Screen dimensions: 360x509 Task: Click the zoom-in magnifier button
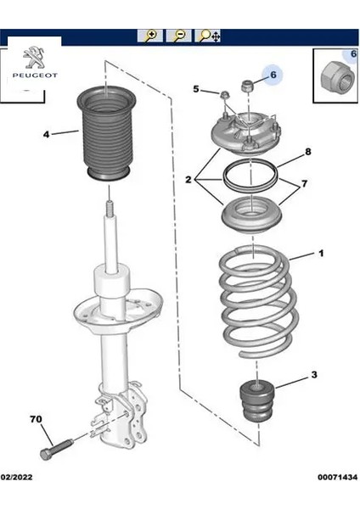tap(149, 36)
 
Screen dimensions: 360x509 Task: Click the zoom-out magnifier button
tap(178, 36)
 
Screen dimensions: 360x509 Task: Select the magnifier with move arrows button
tap(208, 36)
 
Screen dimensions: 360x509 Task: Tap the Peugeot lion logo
tap(35, 58)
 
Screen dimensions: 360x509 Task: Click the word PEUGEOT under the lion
tap(35, 76)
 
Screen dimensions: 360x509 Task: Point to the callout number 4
tap(46, 134)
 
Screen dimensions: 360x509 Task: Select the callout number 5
tap(195, 88)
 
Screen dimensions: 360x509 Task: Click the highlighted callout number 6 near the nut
tap(273, 75)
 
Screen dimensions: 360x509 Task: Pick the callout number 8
tap(307, 152)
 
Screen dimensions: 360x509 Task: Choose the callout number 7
tap(304, 184)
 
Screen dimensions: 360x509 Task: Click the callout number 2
tap(188, 179)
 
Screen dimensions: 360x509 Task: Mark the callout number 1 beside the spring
tap(321, 253)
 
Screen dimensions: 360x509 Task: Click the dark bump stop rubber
tap(257, 401)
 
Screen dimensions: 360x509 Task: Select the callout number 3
tap(314, 375)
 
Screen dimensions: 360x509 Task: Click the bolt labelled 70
tap(56, 448)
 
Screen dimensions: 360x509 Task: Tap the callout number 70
tap(36, 419)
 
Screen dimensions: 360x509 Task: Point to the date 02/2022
tap(16, 477)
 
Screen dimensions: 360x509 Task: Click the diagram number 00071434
tap(337, 477)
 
